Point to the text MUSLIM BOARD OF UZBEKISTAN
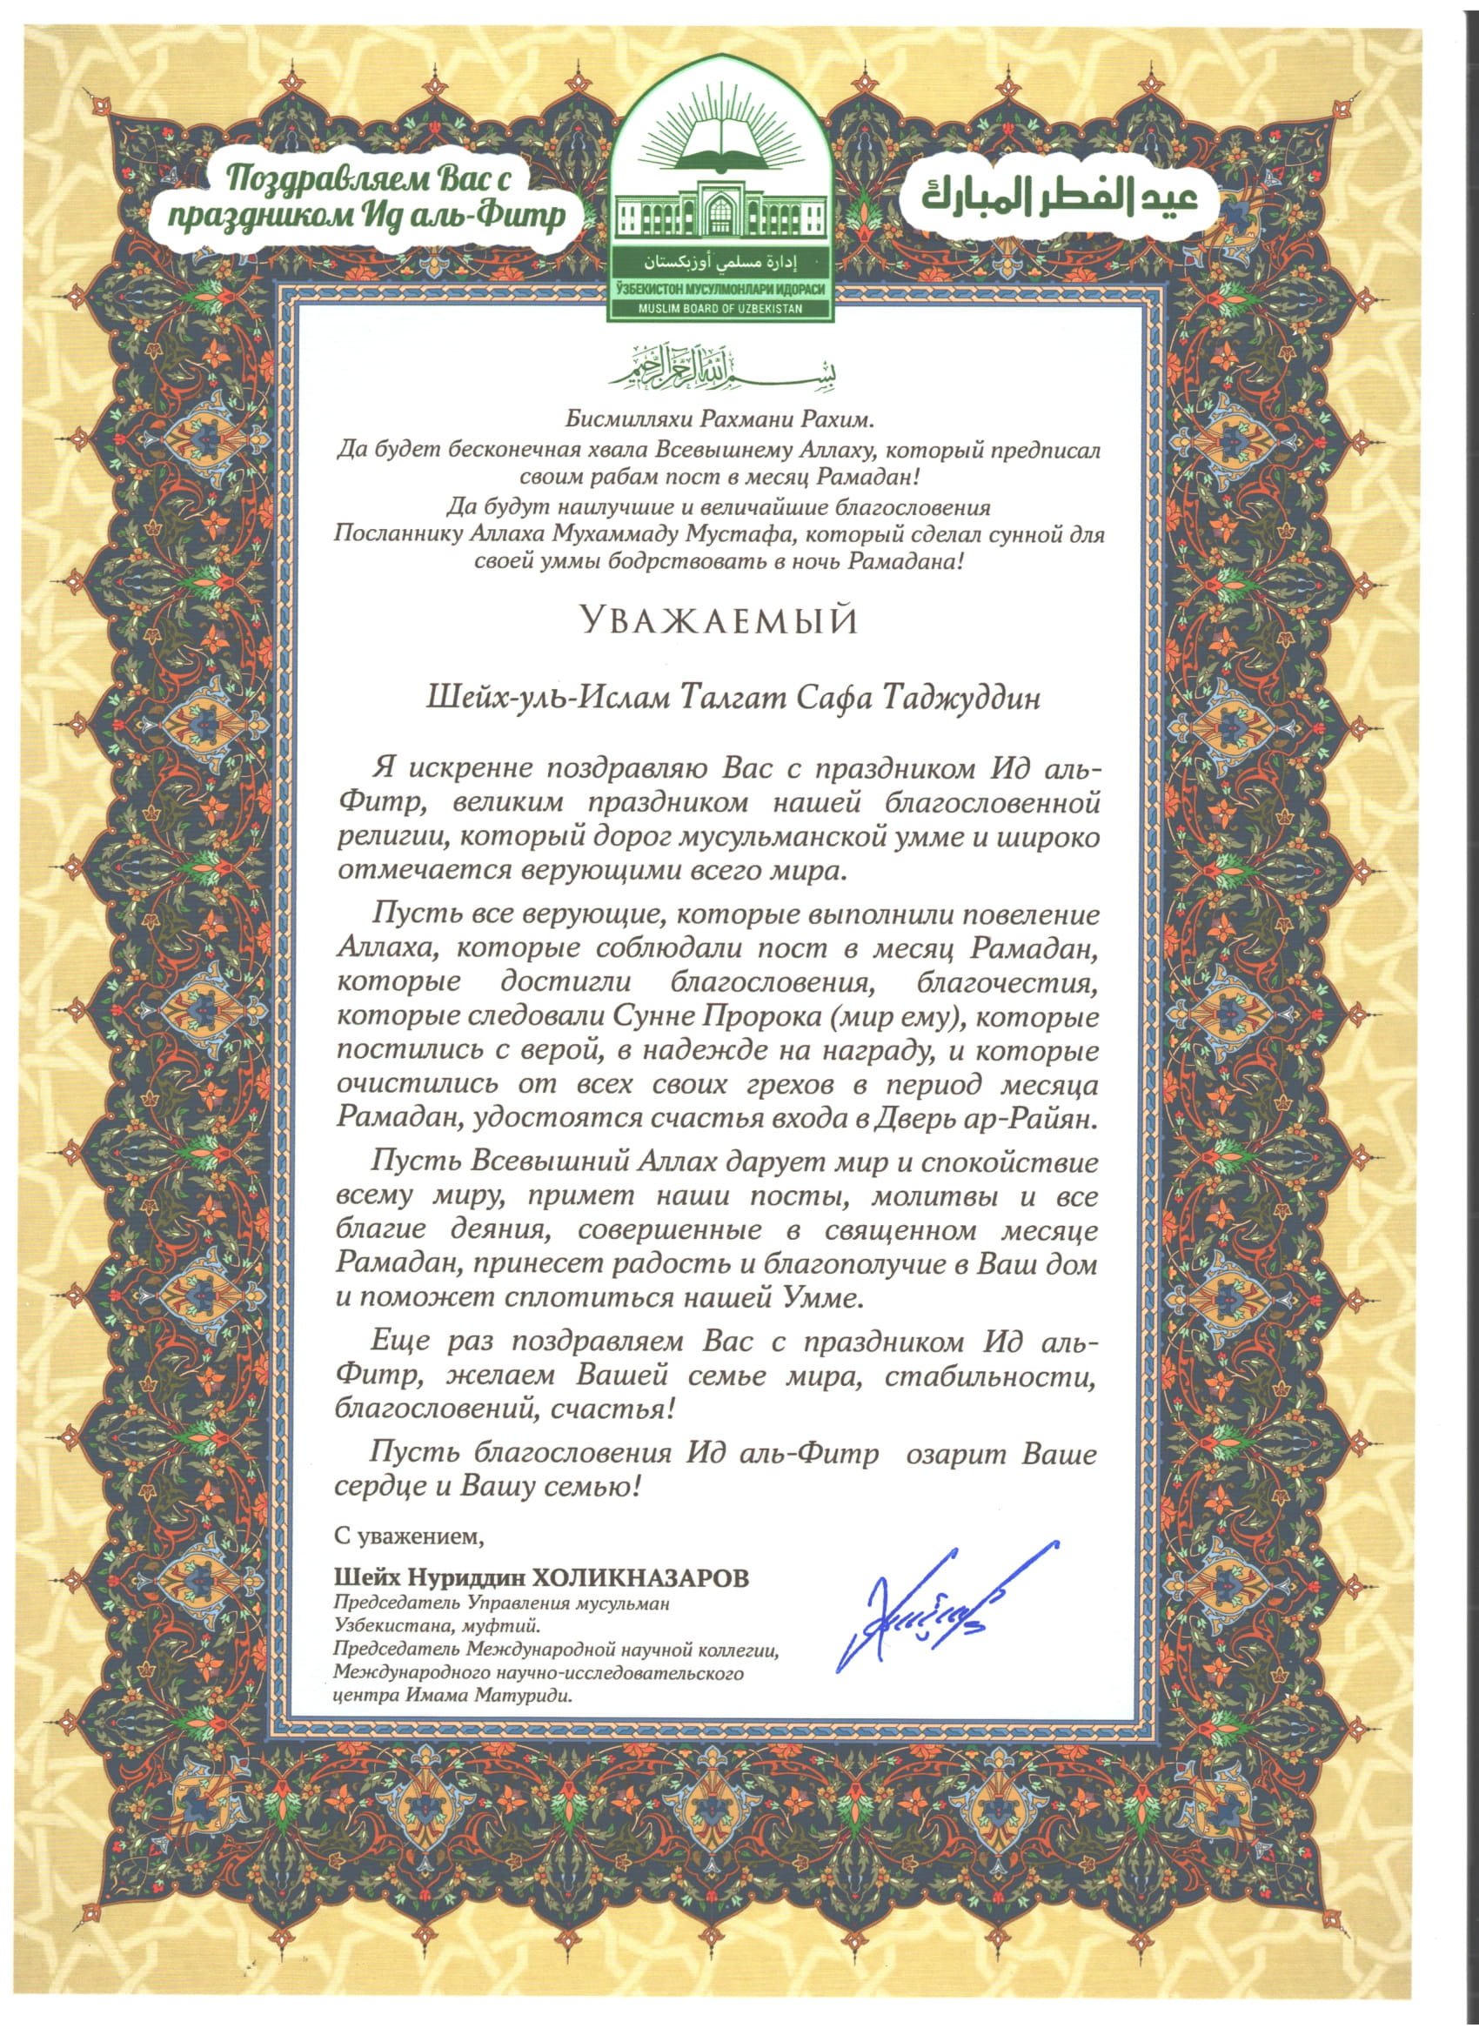click(720, 309)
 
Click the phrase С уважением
click(408, 1536)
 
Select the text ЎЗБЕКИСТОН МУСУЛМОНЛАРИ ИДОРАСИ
click(720, 290)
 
